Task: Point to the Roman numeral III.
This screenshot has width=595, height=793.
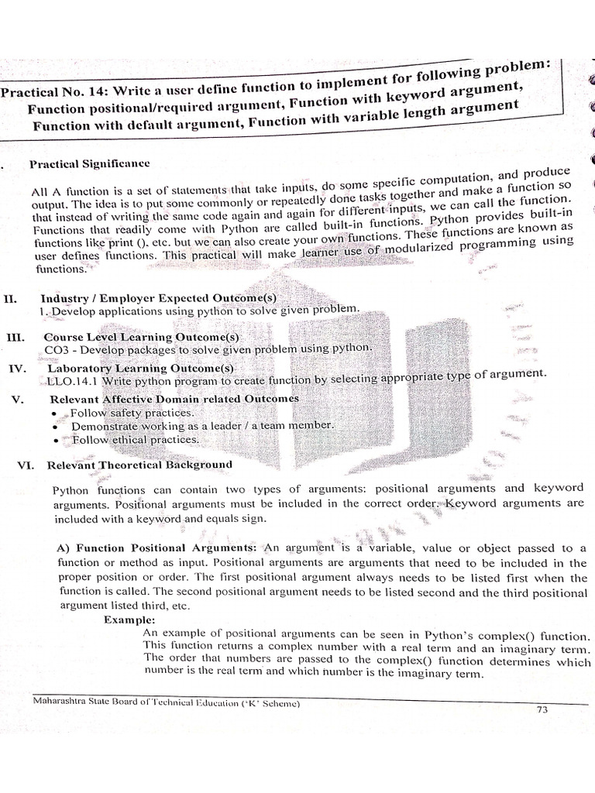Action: click(x=15, y=338)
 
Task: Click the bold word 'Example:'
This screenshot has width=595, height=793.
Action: click(x=129, y=620)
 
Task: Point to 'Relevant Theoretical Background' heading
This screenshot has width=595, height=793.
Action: click(x=139, y=465)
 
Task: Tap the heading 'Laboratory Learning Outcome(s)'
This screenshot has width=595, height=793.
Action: click(x=139, y=369)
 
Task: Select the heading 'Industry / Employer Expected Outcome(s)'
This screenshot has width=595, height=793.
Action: click(x=158, y=297)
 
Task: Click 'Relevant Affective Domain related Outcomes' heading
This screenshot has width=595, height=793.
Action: click(x=174, y=399)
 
